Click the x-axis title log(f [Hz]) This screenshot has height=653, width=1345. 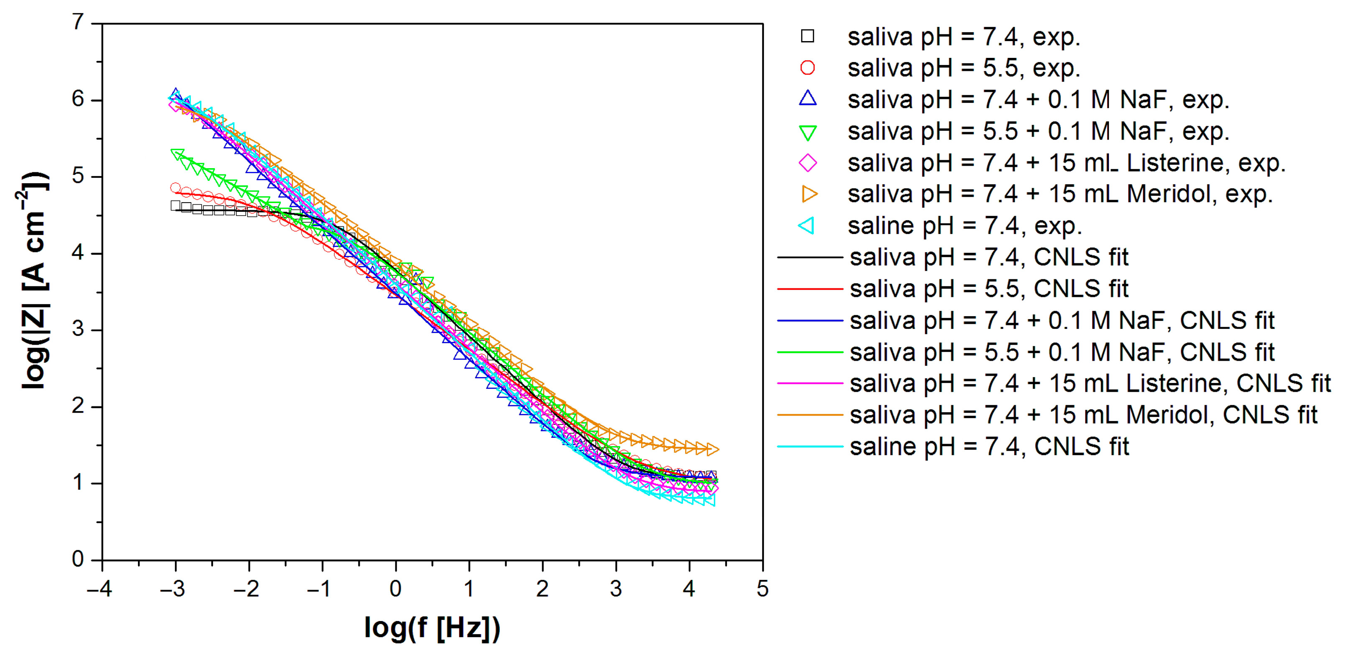[x=432, y=627]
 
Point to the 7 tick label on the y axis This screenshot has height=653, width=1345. [x=78, y=23]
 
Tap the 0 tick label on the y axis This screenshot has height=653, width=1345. [x=78, y=559]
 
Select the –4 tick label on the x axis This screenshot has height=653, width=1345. [x=99, y=589]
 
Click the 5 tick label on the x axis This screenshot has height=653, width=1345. [x=762, y=589]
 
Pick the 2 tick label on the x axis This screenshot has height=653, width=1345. [x=542, y=589]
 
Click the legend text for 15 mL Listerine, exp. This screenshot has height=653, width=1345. [x=1066, y=163]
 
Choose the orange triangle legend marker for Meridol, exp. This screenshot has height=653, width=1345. [x=809, y=194]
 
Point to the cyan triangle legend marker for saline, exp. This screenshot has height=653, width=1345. [x=807, y=226]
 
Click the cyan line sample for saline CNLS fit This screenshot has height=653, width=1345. [x=810, y=447]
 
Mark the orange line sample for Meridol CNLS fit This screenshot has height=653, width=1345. [x=810, y=415]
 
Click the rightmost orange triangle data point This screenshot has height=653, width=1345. [x=712, y=449]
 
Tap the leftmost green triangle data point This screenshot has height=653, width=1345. [x=177, y=154]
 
